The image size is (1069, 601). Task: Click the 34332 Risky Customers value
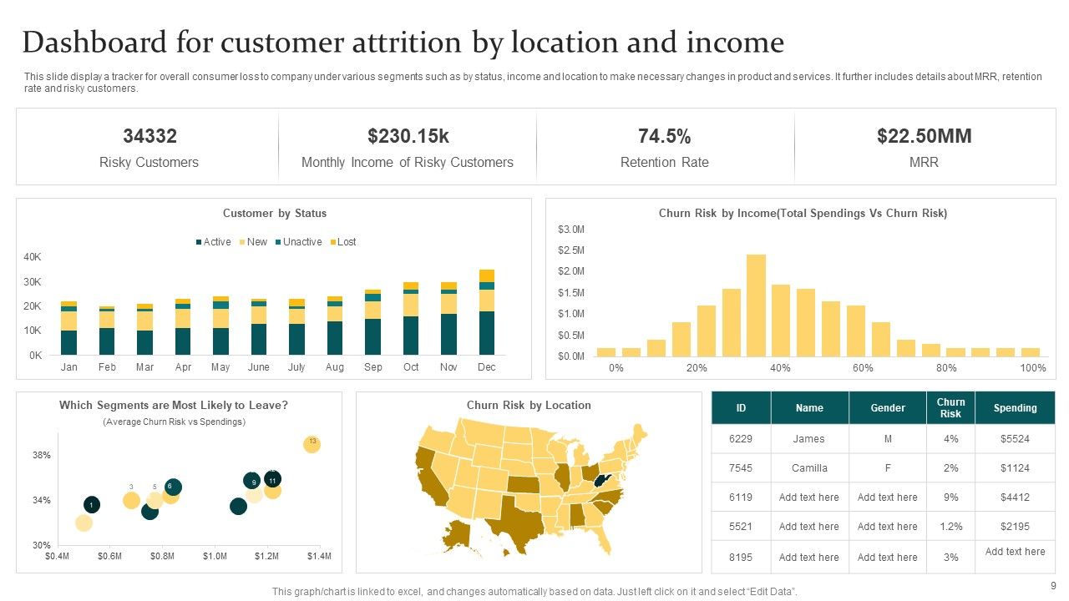149,136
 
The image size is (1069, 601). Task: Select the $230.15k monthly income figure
408,136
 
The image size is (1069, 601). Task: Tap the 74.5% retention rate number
664,136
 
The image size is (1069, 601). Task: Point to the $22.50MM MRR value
924,136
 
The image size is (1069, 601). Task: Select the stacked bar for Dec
487,313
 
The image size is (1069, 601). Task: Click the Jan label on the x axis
69,367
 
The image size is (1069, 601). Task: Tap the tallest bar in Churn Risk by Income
756,305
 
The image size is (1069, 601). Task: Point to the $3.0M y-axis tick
571,230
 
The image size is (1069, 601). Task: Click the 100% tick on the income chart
1032,368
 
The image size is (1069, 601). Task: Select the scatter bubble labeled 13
312,444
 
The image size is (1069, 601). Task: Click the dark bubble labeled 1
92,504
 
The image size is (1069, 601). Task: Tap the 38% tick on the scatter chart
42,456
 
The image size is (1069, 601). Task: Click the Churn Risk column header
950,408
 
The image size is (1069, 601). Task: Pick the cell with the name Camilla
809,468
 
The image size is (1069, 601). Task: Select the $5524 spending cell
1015,438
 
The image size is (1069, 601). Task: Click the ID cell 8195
741,557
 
